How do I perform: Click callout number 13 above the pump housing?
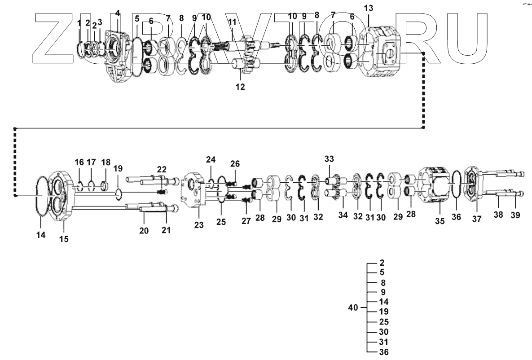point(368,8)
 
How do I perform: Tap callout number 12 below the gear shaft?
point(240,87)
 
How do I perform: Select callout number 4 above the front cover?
point(118,13)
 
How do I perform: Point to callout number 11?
point(232,22)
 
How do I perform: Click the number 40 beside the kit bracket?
point(353,308)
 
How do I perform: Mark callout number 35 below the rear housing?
point(440,220)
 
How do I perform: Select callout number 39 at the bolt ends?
point(515,215)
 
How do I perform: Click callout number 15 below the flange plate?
point(64,239)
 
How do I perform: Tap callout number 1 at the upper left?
point(79,22)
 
